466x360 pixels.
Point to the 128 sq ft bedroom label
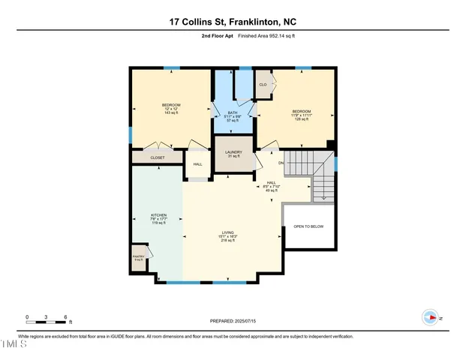point(301,115)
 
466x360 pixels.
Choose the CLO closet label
point(263,85)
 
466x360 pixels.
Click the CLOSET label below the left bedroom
point(158,157)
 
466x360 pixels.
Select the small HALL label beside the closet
point(197,164)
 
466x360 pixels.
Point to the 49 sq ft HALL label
point(272,186)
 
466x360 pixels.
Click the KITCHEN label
point(158,219)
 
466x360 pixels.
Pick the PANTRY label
point(139,257)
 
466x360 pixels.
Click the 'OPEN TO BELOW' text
point(308,226)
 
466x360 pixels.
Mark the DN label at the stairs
point(281,163)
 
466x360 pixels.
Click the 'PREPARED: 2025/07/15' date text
point(232,321)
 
